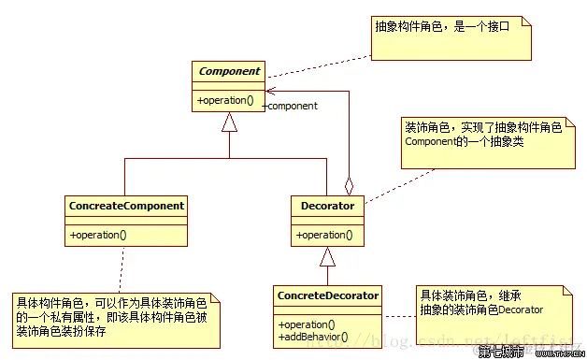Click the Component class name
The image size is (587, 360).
tap(228, 71)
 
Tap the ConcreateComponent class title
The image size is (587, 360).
tap(126, 205)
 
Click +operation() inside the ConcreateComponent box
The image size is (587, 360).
tap(98, 235)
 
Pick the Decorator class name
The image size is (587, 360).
tap(327, 205)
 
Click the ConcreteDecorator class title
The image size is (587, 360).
tap(328, 295)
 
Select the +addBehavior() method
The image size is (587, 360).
tap(313, 336)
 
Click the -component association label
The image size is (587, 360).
tap(292, 106)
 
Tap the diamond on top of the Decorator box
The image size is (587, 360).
tap(350, 185)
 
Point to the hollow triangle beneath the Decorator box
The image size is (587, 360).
tap(326, 257)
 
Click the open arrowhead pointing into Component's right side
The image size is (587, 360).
tap(269, 92)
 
